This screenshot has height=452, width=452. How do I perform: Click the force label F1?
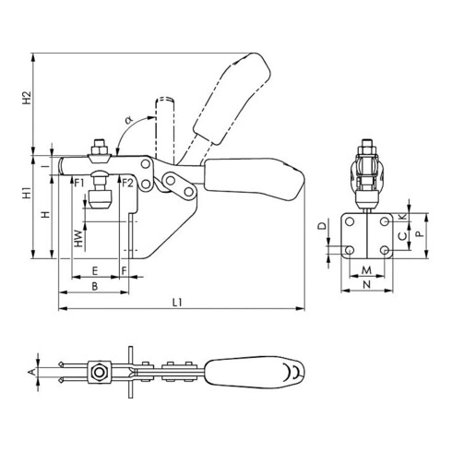coord(80,183)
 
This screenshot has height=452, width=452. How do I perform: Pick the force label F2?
coord(128,183)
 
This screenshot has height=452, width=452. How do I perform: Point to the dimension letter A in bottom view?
coord(30,372)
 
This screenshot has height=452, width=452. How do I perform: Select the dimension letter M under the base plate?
coord(366,270)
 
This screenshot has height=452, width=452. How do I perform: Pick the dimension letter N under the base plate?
coord(366,286)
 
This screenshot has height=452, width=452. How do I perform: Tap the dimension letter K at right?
coord(403,217)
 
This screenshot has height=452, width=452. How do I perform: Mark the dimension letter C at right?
coord(403,237)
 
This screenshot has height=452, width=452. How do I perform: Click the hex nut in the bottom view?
coord(95,373)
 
